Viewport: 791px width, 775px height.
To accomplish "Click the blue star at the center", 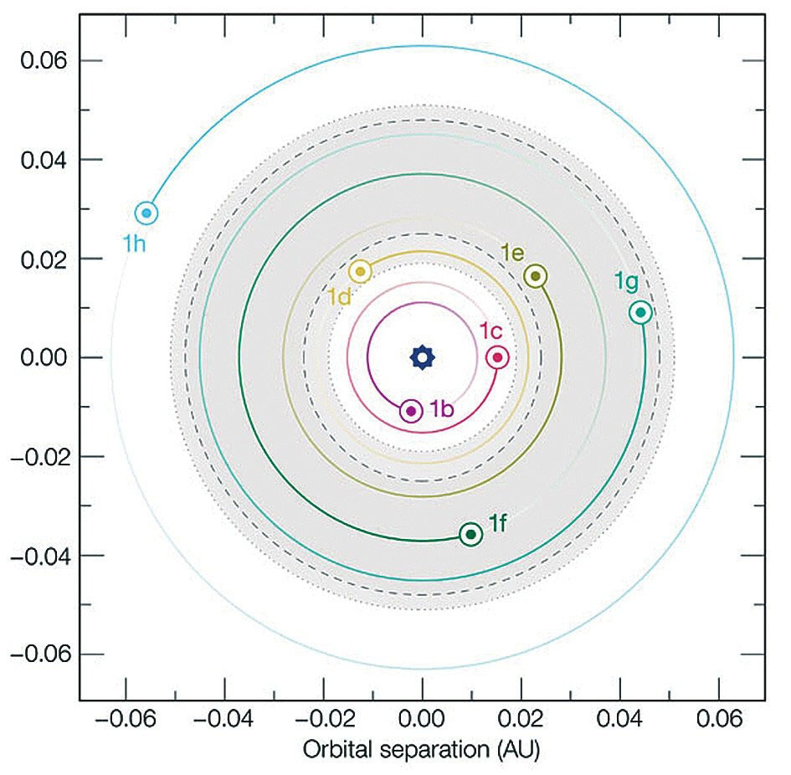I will pyautogui.click(x=423, y=357).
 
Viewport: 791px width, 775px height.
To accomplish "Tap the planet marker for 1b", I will pyautogui.click(x=411, y=411).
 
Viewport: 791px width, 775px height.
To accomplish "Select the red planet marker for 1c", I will pyautogui.click(x=497, y=357).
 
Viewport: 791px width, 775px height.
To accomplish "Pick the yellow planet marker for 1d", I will pyautogui.click(x=361, y=271).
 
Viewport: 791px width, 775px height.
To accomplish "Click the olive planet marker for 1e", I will pyautogui.click(x=536, y=276).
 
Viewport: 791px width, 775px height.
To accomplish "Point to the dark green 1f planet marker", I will pyautogui.click(x=471, y=534).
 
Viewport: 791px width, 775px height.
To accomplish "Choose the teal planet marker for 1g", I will pyautogui.click(x=640, y=312).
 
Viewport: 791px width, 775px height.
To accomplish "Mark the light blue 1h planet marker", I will pyautogui.click(x=146, y=213).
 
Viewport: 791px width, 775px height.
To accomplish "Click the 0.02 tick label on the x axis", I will pyautogui.click(x=521, y=721).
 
